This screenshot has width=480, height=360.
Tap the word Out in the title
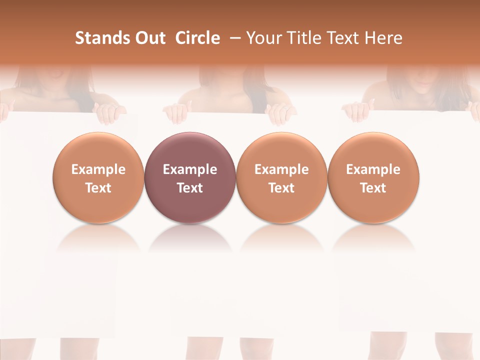coord(149,38)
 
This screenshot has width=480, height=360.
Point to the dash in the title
coord(233,38)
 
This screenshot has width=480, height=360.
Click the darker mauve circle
coord(190,150)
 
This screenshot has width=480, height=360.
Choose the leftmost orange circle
coord(98,150)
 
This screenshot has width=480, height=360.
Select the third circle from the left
coord(281,150)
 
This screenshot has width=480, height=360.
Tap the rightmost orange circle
coord(373,150)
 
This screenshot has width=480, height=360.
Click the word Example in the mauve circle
coord(190,169)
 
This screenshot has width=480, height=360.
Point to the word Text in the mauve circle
coord(190,188)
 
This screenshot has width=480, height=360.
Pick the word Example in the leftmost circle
coord(98,169)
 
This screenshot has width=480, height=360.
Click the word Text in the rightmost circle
coord(373,188)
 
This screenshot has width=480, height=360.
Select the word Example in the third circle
coord(281,169)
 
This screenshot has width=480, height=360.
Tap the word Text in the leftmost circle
coord(98,188)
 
